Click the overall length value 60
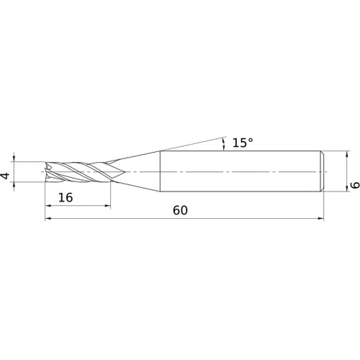[x=180, y=211]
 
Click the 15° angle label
[x=242, y=143]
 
